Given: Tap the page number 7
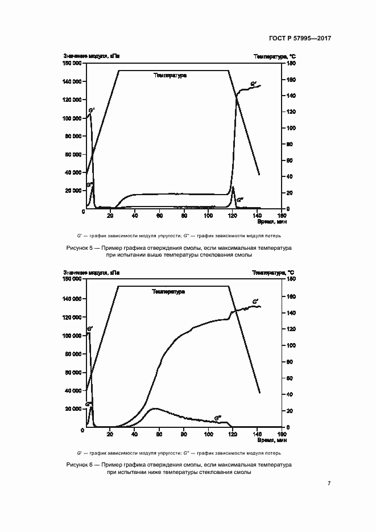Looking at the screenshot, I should point(329,484).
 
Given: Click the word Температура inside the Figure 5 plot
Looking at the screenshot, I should point(170,75).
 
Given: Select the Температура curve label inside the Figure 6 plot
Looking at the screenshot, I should point(169,291).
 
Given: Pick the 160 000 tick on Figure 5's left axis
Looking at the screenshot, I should point(73,64).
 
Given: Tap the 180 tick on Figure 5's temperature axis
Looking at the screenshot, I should point(290,64).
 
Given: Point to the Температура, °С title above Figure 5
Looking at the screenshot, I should point(275,56).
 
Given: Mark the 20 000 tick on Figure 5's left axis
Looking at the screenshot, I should point(75,191).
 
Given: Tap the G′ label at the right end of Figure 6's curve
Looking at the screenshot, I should point(255,301).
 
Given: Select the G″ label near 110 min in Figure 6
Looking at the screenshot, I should point(218,417).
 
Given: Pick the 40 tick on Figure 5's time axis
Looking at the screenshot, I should point(135,215).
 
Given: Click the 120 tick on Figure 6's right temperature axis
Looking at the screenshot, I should point(290,329).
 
